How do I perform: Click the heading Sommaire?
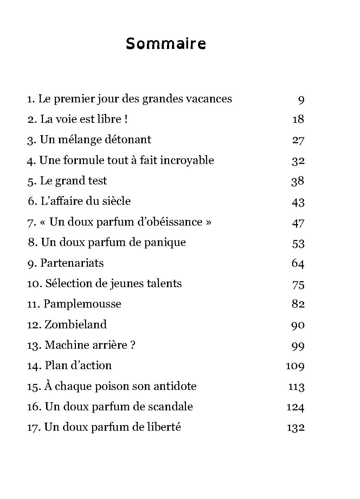(166, 44)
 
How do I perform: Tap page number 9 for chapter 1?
(301, 100)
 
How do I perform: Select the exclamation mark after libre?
(126, 119)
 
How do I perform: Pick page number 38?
(298, 181)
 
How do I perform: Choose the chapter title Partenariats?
(72, 263)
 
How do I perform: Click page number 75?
(298, 284)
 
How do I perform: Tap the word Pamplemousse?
(82, 304)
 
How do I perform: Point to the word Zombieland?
(76, 324)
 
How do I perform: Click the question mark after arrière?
(132, 345)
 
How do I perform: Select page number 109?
(295, 366)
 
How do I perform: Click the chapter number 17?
(34, 428)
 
